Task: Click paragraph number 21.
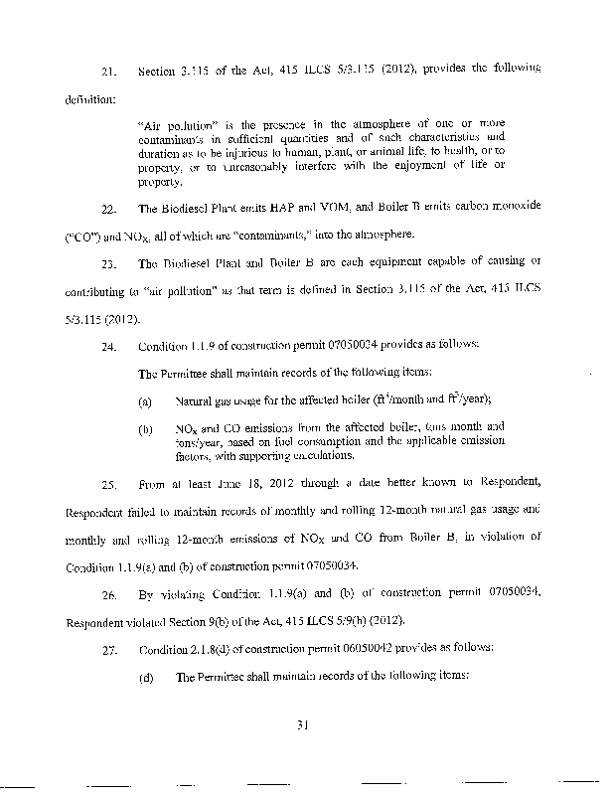110,69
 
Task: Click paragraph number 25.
110,486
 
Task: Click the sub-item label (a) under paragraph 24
145,399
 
